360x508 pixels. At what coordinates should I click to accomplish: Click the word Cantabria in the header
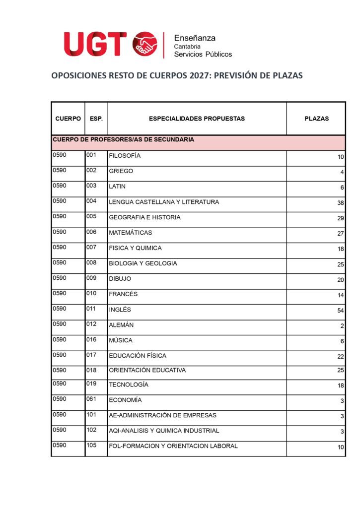click(187, 46)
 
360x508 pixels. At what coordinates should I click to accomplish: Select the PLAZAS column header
click(316, 119)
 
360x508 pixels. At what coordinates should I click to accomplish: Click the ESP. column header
click(96, 119)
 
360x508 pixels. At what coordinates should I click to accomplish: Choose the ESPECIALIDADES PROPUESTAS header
click(197, 119)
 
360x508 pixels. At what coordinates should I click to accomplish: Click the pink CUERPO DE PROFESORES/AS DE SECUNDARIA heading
click(124, 140)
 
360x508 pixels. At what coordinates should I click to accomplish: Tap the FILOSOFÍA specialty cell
click(125, 156)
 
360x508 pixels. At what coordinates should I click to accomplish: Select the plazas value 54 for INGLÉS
click(340, 311)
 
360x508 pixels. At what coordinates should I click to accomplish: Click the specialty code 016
click(91, 340)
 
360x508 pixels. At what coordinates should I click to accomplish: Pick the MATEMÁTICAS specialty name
click(131, 233)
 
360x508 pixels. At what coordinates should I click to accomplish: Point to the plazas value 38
click(340, 203)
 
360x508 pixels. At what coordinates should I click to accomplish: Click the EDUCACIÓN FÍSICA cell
click(138, 356)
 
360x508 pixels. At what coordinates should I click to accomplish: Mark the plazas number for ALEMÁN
click(342, 326)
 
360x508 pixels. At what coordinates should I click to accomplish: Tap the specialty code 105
click(91, 445)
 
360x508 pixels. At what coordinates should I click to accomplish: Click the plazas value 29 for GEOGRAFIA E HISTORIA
click(340, 218)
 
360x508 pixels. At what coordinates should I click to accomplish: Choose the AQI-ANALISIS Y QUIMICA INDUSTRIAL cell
click(164, 431)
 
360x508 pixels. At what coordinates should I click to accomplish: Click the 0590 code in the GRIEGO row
click(60, 171)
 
